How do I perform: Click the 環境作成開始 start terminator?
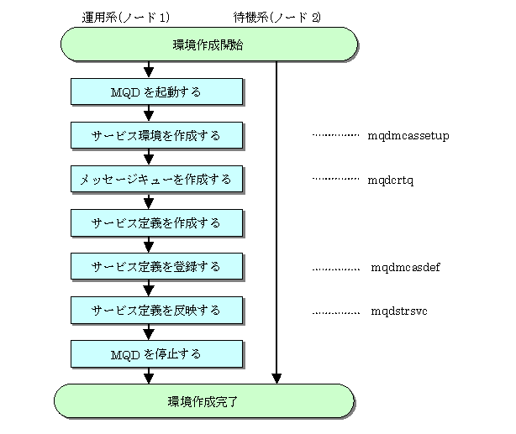coord(209,44)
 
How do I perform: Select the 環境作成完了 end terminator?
coord(204,401)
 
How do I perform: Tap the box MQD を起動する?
coord(156,92)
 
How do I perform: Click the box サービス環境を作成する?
coord(156,135)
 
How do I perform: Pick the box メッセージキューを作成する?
coord(156,179)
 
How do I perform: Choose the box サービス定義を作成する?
coord(156,223)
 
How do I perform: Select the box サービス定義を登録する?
coord(156,267)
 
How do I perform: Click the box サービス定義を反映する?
coord(156,311)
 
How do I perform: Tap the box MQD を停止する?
coord(156,354)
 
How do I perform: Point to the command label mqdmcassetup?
coord(408,136)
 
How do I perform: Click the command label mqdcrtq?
coord(391,180)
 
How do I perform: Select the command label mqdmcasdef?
coord(405,267)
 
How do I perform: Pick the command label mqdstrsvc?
coord(399,311)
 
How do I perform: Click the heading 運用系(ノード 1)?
coord(126,17)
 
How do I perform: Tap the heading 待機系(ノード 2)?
coord(276,17)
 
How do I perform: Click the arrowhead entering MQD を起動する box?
coord(149,73)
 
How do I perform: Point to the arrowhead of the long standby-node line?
coord(276,379)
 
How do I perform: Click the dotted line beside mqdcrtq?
coord(335,179)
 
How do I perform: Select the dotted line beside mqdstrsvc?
coord(336,313)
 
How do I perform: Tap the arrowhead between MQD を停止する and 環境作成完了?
coord(149,379)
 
